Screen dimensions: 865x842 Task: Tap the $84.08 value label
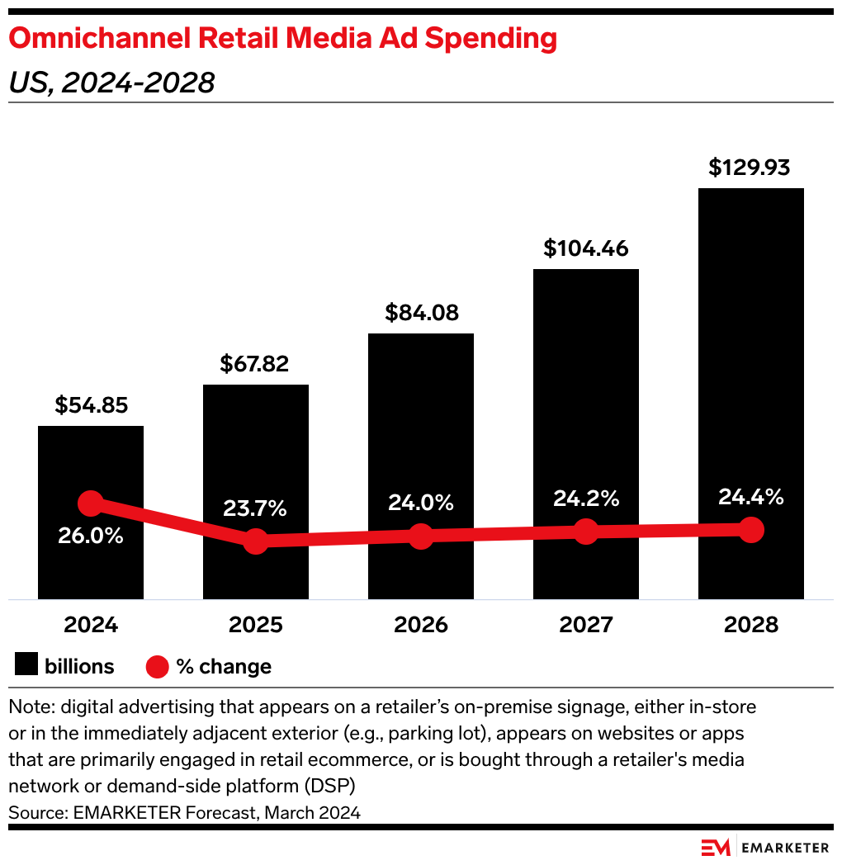(421, 313)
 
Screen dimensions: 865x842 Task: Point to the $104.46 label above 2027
(586, 248)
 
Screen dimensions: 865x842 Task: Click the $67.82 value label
(255, 364)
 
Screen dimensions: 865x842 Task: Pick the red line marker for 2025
(256, 541)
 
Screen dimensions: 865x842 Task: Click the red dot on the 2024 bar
(91, 503)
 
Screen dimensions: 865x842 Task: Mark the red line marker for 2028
(750, 529)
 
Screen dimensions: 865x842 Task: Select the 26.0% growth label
(91, 536)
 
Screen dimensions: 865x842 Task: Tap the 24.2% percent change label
(586, 499)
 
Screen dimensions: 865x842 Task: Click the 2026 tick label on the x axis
(421, 624)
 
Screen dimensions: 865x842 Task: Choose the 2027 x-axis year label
(586, 624)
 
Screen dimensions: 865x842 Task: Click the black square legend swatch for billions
(26, 665)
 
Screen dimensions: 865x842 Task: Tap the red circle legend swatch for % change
(158, 666)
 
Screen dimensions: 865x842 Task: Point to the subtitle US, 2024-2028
(111, 83)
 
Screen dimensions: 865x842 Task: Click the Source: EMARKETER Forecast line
(184, 812)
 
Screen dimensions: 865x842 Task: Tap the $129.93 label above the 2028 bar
(750, 168)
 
